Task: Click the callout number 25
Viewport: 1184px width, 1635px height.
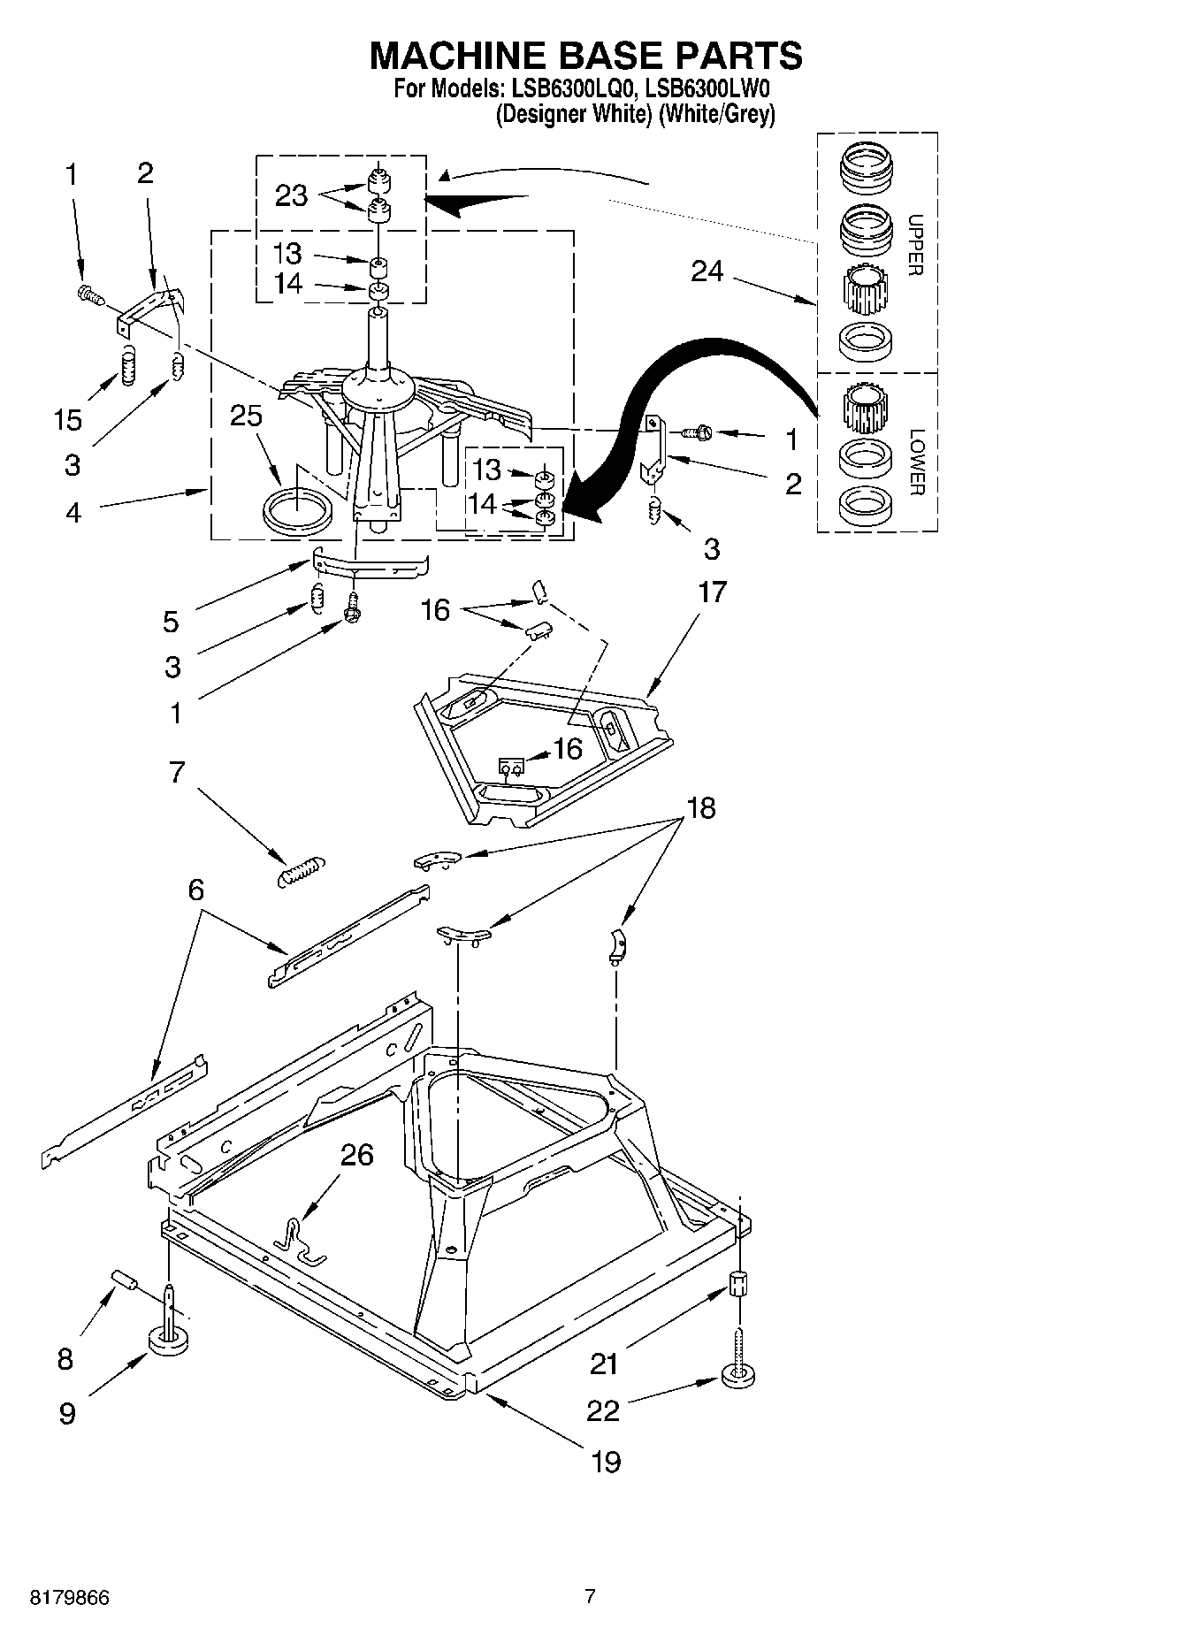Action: [246, 416]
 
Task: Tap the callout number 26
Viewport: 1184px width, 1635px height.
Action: [356, 1155]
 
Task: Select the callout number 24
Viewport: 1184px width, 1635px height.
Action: [707, 271]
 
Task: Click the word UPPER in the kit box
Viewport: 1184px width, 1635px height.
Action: [915, 245]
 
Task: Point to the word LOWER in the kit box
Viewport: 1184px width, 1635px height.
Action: [915, 462]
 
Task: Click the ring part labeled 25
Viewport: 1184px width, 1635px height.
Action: [298, 512]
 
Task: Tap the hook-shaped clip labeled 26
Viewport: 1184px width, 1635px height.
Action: [299, 1238]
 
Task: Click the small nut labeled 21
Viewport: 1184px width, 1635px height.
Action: [738, 1283]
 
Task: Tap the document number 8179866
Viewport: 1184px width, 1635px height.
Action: [70, 1598]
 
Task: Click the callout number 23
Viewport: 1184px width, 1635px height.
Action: [291, 195]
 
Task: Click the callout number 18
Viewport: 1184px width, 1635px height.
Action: [700, 807]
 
